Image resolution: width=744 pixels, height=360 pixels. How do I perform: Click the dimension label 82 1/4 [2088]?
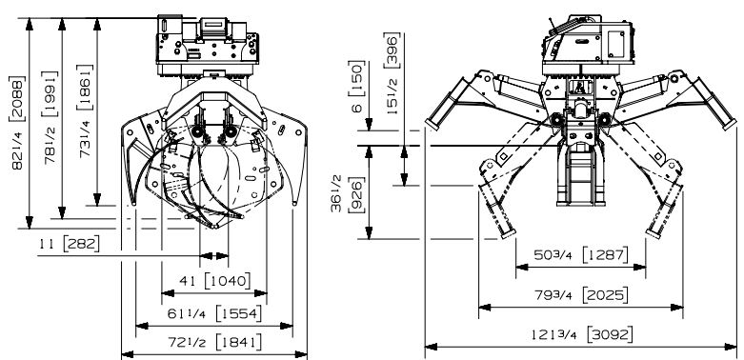pos(17,122)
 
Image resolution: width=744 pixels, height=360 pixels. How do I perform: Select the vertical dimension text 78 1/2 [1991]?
pos(50,117)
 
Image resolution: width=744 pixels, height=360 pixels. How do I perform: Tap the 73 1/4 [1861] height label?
pos(85,110)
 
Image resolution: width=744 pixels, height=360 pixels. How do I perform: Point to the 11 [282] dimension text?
pos(70,244)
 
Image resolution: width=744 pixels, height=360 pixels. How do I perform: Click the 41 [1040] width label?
pos(214,281)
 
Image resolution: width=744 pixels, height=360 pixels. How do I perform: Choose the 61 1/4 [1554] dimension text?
pos(214,313)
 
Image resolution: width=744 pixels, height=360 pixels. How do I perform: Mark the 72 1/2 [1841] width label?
pos(214,342)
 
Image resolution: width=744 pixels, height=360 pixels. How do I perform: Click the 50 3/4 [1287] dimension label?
pos(581,254)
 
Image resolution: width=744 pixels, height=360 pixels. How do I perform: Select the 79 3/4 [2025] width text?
pos(581,295)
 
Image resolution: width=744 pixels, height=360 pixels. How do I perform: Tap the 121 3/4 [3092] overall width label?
pos(582,335)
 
